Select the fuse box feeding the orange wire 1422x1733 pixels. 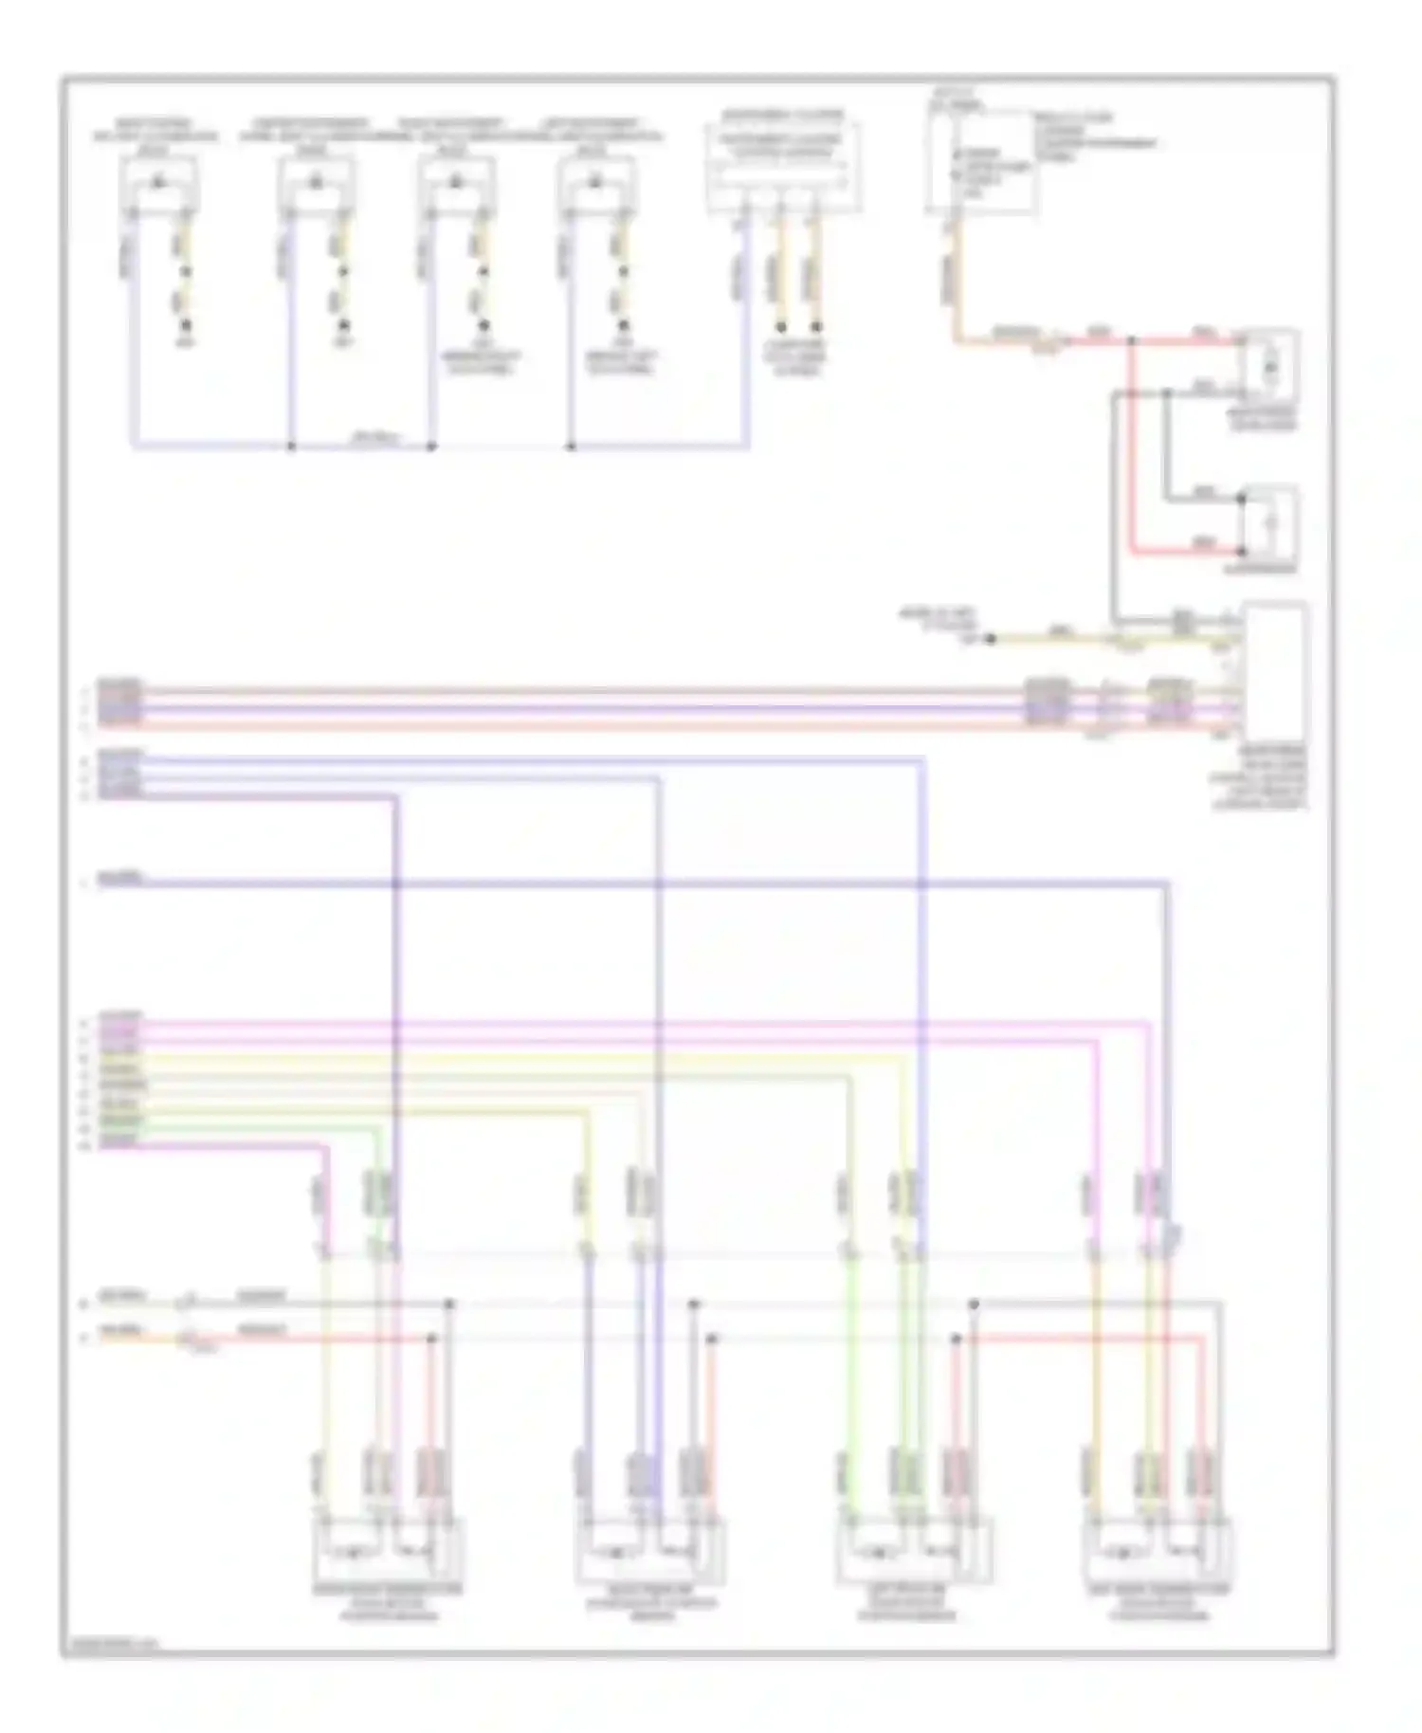click(980, 164)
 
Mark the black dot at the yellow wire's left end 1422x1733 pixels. click(991, 640)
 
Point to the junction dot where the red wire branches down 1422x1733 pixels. click(1132, 339)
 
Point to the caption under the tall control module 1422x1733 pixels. click(1258, 777)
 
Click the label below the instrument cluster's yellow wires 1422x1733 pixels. click(796, 357)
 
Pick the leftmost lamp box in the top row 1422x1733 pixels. click(159, 184)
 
